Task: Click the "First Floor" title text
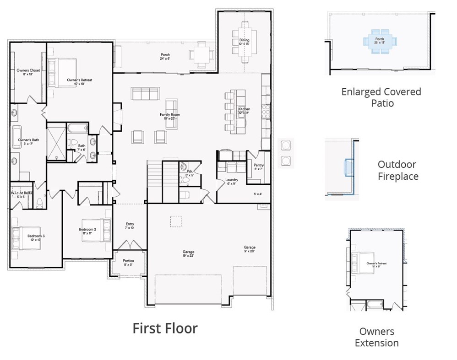165,328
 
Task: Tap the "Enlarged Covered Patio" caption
381,97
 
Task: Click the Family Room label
169,116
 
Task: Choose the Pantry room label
258,167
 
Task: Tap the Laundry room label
231,182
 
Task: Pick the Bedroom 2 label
87,231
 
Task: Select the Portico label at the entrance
128,263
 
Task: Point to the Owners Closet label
28,72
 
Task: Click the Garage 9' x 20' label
250,249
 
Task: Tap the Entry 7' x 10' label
130,226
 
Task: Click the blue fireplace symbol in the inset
348,167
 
